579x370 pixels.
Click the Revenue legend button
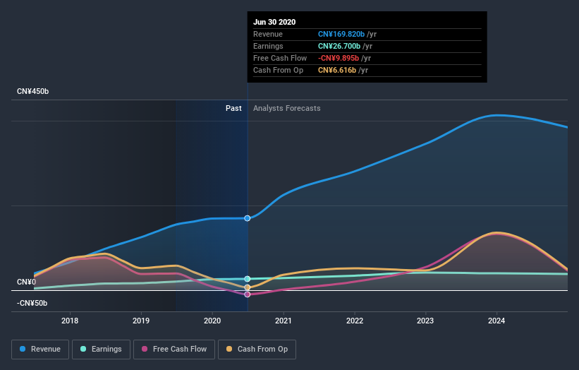(x=41, y=349)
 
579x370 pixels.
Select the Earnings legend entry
(x=102, y=349)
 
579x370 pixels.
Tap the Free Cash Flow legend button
(x=174, y=349)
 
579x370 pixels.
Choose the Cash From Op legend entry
(x=257, y=349)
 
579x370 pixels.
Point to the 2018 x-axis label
(x=70, y=321)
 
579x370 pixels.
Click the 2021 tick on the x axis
(x=284, y=321)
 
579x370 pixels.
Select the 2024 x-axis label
(x=496, y=321)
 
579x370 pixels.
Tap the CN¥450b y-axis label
(x=32, y=92)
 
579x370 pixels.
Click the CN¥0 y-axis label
(x=26, y=282)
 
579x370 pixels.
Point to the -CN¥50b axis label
(x=32, y=303)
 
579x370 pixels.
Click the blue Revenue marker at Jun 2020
(x=248, y=218)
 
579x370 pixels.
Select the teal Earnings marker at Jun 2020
(x=248, y=279)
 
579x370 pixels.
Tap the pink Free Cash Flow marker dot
(x=248, y=294)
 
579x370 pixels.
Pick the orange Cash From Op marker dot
(x=248, y=287)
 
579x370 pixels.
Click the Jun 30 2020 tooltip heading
(x=274, y=22)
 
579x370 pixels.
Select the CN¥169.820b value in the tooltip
(x=342, y=34)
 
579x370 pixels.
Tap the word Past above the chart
(x=233, y=108)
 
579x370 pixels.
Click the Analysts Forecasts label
(x=286, y=108)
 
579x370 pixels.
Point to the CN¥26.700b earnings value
(x=339, y=46)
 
